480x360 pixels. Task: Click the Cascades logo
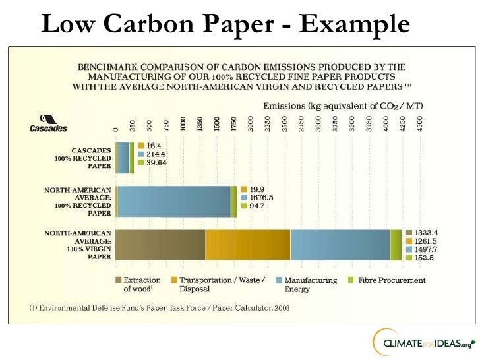click(48, 124)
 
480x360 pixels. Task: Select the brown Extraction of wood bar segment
click(160, 245)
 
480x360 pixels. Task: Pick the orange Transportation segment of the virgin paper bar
click(248, 245)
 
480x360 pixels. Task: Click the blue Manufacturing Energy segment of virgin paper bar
click(340, 245)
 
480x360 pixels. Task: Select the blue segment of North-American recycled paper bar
click(174, 201)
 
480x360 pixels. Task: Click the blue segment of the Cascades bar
click(123, 158)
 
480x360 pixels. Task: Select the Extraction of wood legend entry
click(137, 284)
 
